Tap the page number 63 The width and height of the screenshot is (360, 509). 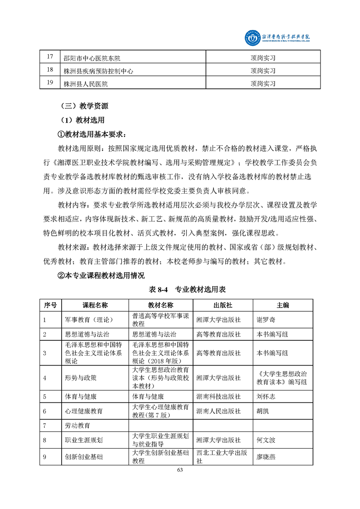[x=180, y=470]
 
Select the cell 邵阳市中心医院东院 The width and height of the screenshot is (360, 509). [x=92, y=58]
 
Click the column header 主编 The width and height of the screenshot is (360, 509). [x=283, y=305]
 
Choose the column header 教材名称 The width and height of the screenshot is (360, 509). [x=161, y=305]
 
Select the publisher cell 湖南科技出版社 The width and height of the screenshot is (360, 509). [x=218, y=396]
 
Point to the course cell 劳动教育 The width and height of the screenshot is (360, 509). [x=78, y=426]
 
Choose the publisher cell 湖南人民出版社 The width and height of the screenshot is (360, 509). [x=218, y=411]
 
